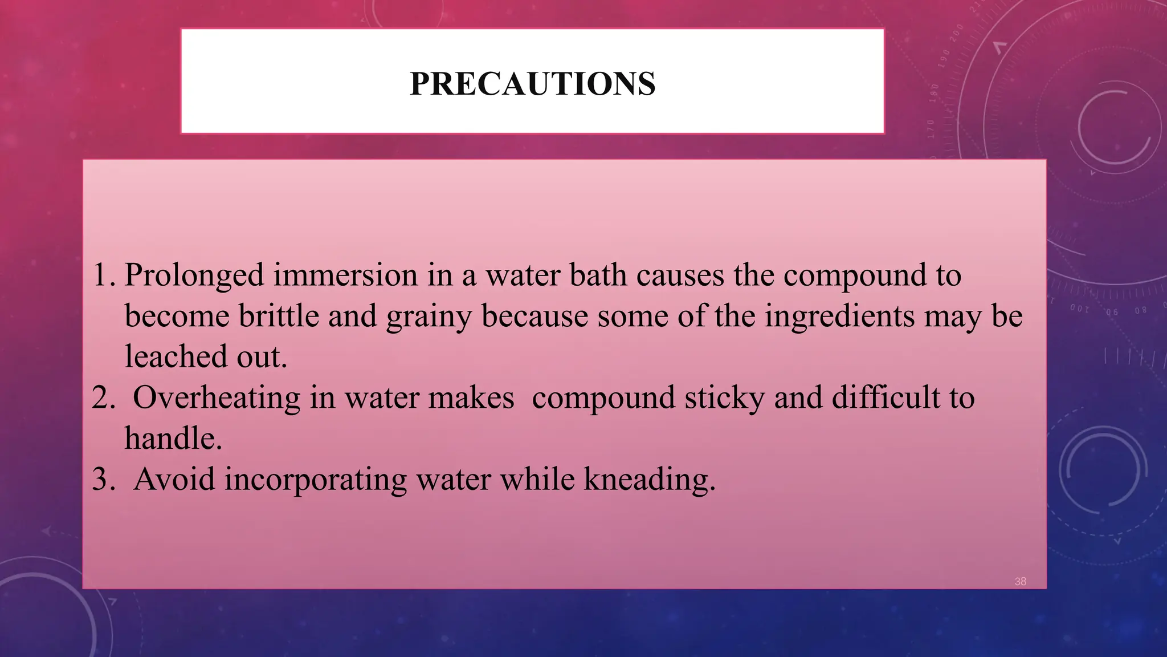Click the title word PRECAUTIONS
coord(532,84)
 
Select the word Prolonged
coord(194,275)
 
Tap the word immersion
coord(345,275)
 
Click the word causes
coord(680,275)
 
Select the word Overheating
coord(217,398)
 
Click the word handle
coord(173,439)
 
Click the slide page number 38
coord(1020,581)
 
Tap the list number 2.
coord(103,398)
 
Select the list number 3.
coord(103,480)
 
